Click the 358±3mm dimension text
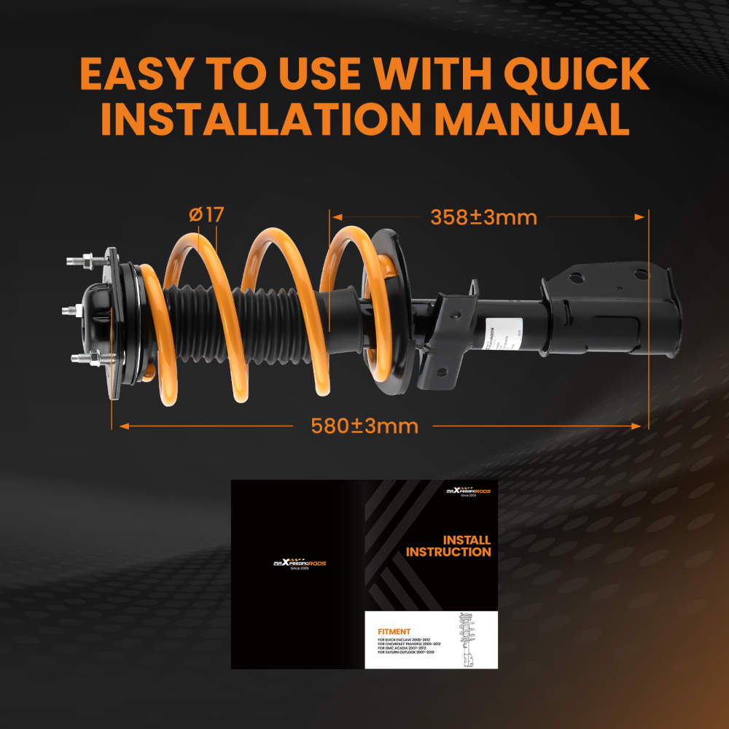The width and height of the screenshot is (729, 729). pos(483,217)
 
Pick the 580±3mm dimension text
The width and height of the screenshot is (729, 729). pos(364,426)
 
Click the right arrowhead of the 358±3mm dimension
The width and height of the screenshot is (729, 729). pos(642,217)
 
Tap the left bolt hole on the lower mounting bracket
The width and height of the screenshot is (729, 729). pos(576,277)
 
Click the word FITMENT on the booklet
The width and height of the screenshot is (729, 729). pos(394,632)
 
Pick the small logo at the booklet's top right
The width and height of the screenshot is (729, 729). pos(468,493)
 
